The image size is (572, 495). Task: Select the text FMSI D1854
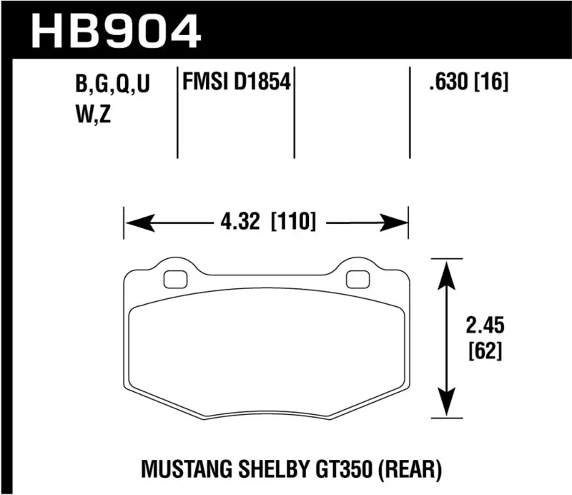click(237, 84)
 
